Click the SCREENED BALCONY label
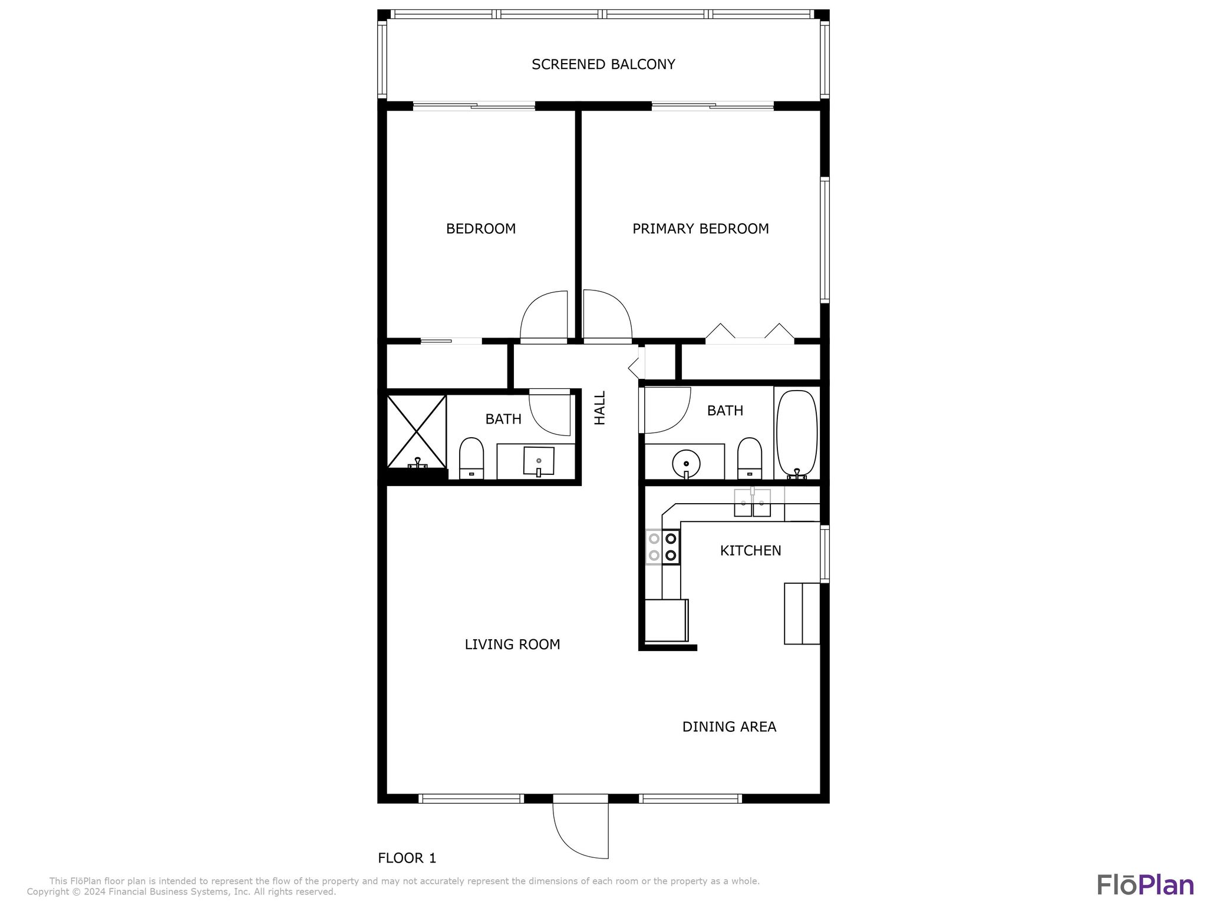[x=603, y=64]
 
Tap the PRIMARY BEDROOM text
[x=700, y=229]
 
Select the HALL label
[x=600, y=408]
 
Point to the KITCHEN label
[x=750, y=550]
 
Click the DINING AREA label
[x=729, y=726]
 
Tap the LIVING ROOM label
[x=512, y=644]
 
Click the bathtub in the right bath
[x=797, y=434]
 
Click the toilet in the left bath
[x=471, y=458]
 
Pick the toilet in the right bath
[x=749, y=458]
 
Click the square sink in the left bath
[x=539, y=461]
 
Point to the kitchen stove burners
[x=663, y=547]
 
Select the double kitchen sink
[x=752, y=503]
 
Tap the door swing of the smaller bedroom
[x=544, y=316]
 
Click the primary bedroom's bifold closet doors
[x=750, y=334]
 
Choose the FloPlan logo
[x=1145, y=885]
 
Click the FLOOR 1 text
[x=407, y=858]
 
